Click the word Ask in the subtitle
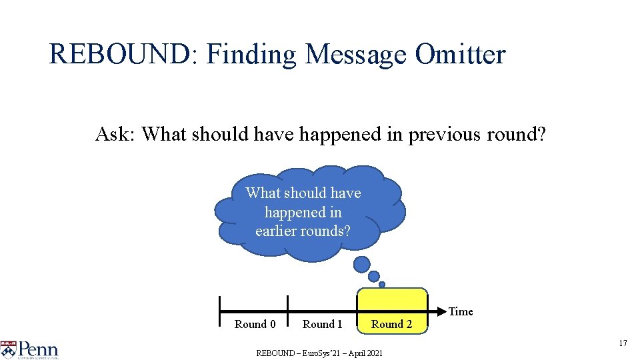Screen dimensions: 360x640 115,134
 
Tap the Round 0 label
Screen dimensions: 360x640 255,324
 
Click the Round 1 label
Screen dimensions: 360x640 322,324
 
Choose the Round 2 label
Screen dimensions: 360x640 391,324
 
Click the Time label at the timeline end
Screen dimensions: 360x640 461,311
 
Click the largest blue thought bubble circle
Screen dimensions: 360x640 361,265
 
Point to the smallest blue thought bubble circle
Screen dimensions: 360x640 382,284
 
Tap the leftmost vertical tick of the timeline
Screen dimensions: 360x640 220,311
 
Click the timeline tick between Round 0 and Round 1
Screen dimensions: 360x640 288,311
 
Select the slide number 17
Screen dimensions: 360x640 623,343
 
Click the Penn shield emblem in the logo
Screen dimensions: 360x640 8,349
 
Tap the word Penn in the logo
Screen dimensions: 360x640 38,349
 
